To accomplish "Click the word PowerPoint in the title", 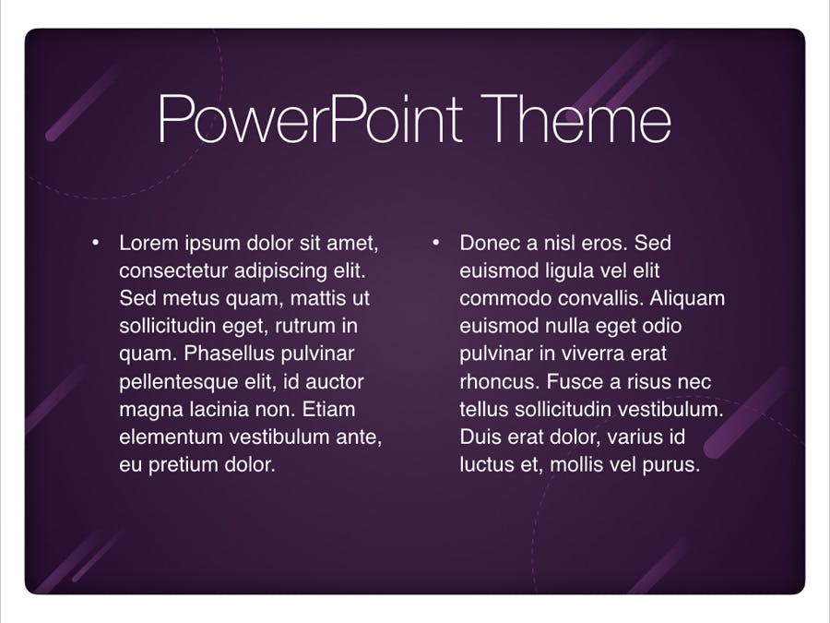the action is pos(310,119).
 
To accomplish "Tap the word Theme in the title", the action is pos(575,119).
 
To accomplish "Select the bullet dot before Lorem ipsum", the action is pos(95,243).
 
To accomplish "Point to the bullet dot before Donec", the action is pos(435,243).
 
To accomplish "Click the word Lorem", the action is pos(148,243).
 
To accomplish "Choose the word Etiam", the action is pos(329,410).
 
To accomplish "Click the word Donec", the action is pos(485,243).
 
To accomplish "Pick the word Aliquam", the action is pos(687,299).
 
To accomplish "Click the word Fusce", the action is pos(571,381).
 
